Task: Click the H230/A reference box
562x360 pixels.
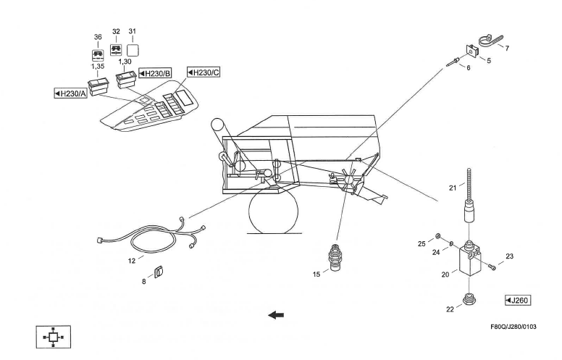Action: pos(71,93)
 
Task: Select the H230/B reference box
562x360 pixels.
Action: pos(154,73)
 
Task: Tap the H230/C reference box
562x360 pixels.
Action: pos(204,72)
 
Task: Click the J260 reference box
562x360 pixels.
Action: pos(519,300)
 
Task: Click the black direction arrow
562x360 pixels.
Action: pos(275,314)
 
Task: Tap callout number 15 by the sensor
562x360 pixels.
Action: pos(316,273)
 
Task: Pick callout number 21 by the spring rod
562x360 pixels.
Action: pos(452,188)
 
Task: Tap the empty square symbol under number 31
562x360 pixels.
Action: pos(133,51)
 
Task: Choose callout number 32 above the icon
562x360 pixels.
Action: pos(115,33)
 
